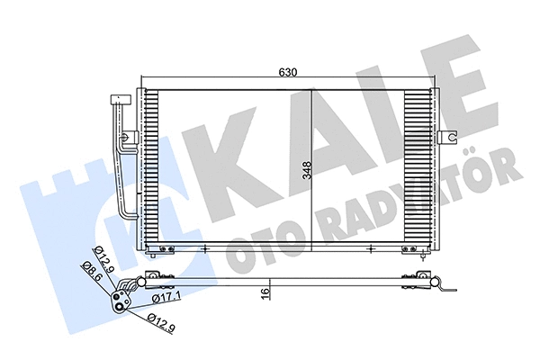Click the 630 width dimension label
coord(286,72)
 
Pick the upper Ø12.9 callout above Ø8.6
coord(103,256)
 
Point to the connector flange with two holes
coord(120,294)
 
